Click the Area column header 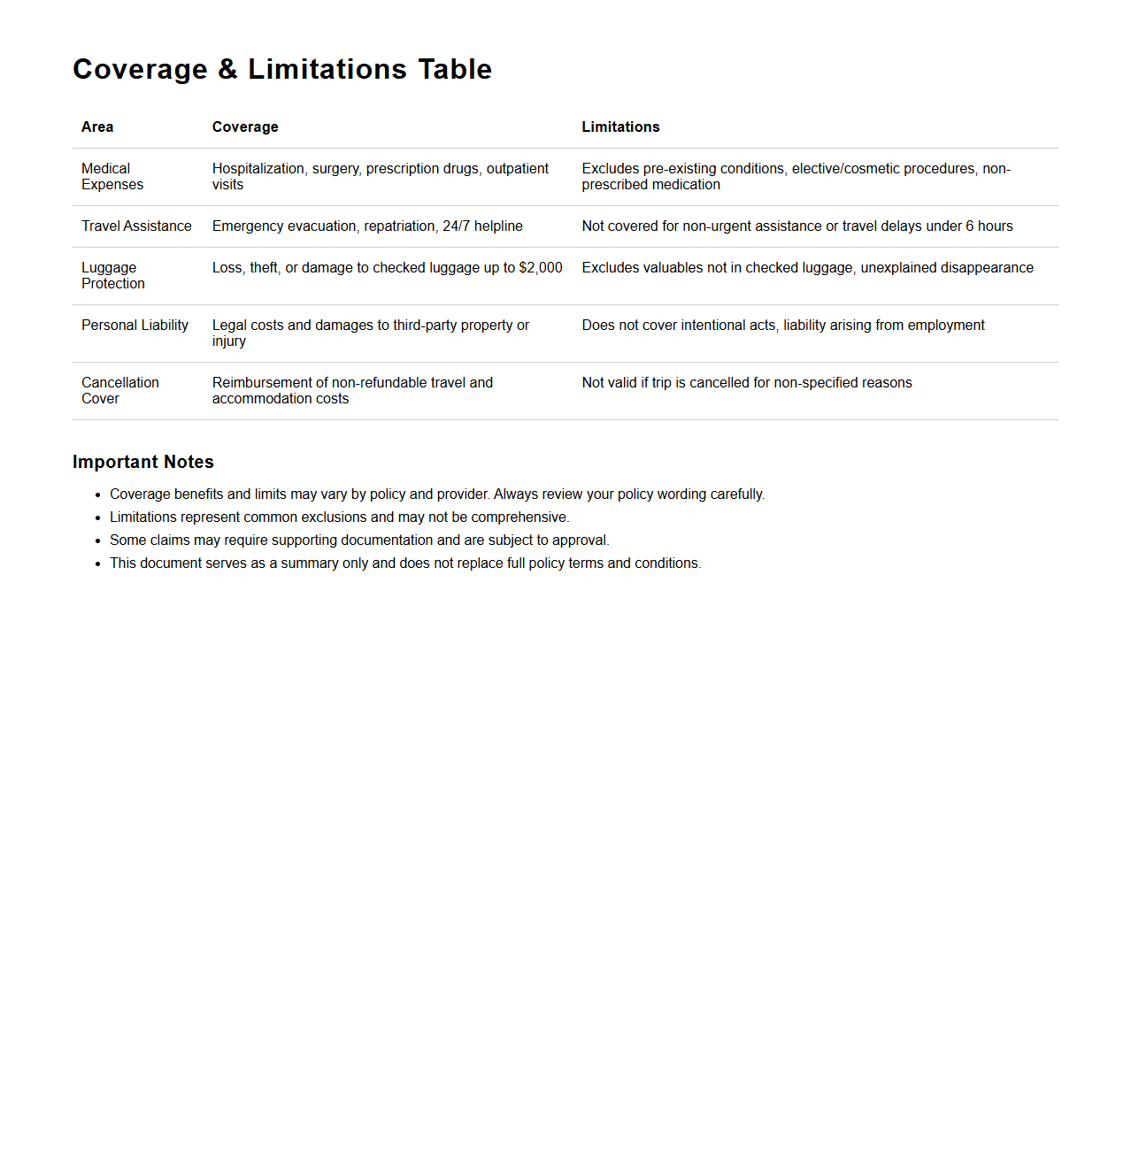[97, 127]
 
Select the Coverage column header [245, 127]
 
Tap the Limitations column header [620, 127]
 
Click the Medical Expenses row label [112, 177]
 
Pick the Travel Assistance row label [136, 226]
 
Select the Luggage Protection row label [112, 276]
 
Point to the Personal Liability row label [135, 326]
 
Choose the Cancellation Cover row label [119, 391]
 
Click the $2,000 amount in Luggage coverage [541, 268]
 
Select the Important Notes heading [143, 462]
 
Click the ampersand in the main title [227, 69]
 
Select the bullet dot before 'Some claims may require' [98, 540]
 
